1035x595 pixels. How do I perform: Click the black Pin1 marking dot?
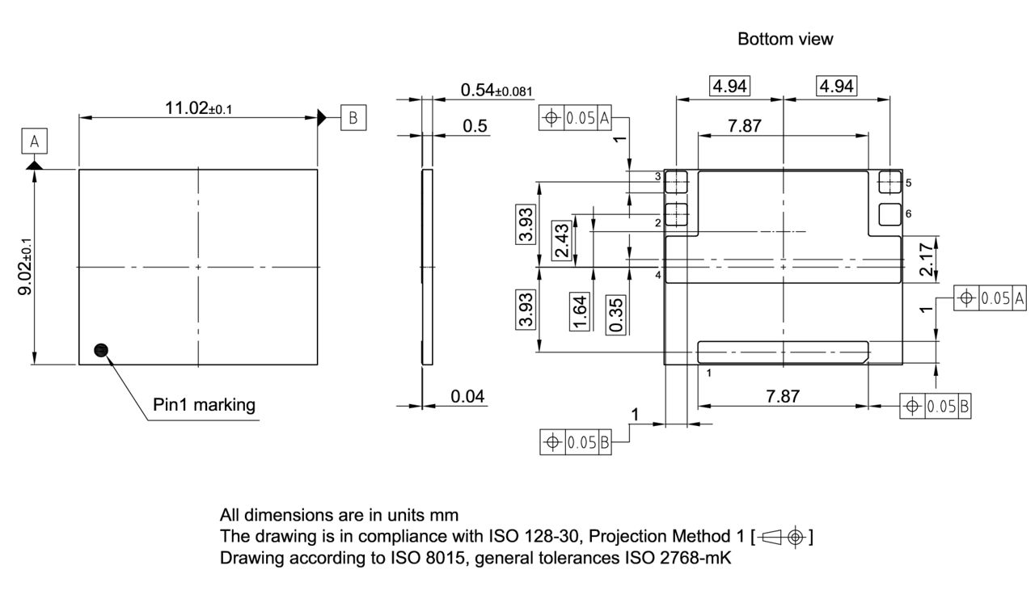pos(101,349)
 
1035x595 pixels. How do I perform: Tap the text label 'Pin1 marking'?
pos(204,404)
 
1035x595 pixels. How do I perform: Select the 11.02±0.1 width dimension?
pos(198,108)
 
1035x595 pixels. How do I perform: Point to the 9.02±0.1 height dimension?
pos(26,267)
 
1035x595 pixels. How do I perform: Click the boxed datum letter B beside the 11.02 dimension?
pos(353,117)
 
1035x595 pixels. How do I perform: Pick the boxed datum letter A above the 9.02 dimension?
pos(34,142)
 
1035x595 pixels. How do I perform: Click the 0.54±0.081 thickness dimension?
pos(497,91)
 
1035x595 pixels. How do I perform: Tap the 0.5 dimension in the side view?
pos(475,125)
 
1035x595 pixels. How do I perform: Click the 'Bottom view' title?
pos(785,39)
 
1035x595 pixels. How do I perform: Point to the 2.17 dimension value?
pos(927,260)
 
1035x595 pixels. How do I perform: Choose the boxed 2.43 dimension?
pos(561,241)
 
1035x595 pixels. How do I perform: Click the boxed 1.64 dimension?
pos(580,312)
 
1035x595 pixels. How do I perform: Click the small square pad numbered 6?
pos(889,213)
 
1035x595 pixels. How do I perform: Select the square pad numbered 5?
pos(889,182)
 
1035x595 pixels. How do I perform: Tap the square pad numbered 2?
pos(676,213)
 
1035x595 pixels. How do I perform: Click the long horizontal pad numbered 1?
pos(783,351)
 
